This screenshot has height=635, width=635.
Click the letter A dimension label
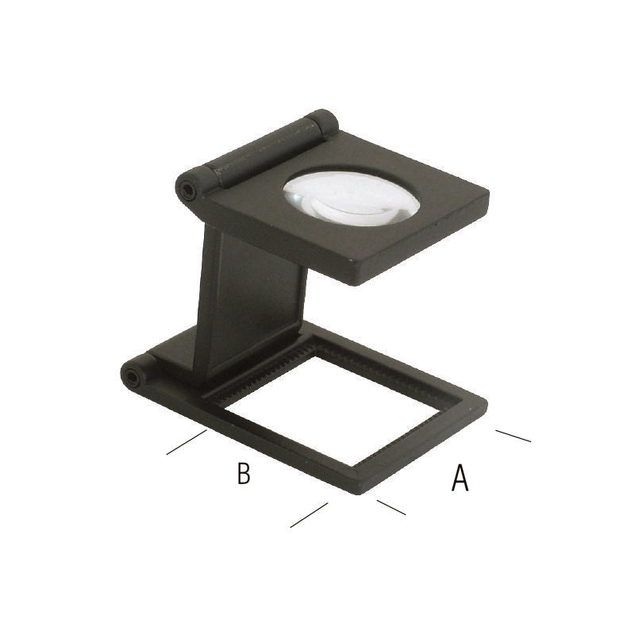[x=460, y=478]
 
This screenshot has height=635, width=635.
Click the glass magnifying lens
[x=351, y=198]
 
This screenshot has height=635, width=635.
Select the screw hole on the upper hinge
[x=187, y=189]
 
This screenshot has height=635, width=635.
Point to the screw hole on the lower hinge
[x=133, y=377]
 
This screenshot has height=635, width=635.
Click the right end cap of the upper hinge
[x=323, y=121]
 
